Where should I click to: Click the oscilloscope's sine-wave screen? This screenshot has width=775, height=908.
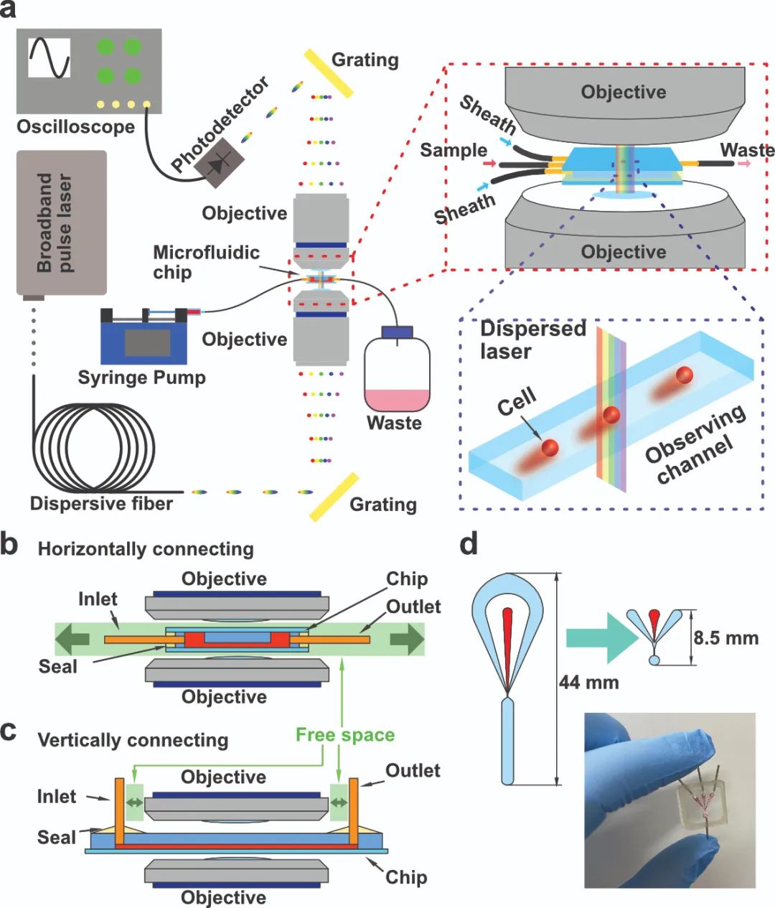point(50,57)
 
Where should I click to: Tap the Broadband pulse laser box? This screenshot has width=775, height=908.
point(62,223)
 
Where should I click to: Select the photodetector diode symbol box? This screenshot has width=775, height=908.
point(220,162)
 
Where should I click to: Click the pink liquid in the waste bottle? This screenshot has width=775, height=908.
point(397,400)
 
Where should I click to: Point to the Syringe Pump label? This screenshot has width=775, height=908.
point(142,378)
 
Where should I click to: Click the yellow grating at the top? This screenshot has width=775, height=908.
point(329,73)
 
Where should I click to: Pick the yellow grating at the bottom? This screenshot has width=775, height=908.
point(334,497)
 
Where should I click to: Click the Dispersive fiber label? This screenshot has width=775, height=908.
point(101,503)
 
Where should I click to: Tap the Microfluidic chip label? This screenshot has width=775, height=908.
point(207,262)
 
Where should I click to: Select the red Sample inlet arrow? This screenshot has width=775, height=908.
point(489,164)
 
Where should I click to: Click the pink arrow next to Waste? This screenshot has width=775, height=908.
point(744,164)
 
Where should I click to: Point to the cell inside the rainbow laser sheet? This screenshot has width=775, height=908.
point(611,414)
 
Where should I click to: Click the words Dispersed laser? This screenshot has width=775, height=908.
point(533,340)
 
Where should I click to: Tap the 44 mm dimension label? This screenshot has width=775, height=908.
point(589,682)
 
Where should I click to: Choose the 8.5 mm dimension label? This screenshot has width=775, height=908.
point(726,637)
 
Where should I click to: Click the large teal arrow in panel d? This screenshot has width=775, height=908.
point(602,637)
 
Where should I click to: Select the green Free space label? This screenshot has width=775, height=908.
point(345,735)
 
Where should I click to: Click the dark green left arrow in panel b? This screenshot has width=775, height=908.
point(73,639)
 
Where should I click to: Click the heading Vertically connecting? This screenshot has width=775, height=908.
point(133,740)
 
